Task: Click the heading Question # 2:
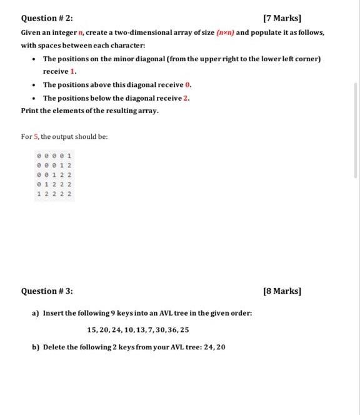47,18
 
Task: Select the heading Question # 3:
47,291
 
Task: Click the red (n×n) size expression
224,32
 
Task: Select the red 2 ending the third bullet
187,97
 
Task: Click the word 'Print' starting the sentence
30,111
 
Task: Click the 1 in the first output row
69,154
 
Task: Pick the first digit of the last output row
39,194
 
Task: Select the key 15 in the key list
91,329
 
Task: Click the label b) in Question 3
36,347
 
